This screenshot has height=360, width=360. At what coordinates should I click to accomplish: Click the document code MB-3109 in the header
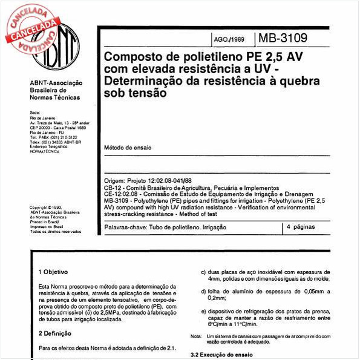pyautogui.click(x=283, y=39)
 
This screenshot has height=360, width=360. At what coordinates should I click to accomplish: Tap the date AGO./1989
pyautogui.click(x=229, y=41)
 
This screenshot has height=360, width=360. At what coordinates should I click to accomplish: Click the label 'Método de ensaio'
pyautogui.click(x=128, y=148)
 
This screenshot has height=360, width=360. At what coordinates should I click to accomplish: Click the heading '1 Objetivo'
pyautogui.click(x=53, y=272)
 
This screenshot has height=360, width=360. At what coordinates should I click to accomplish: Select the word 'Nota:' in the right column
pyautogui.click(x=196, y=336)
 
